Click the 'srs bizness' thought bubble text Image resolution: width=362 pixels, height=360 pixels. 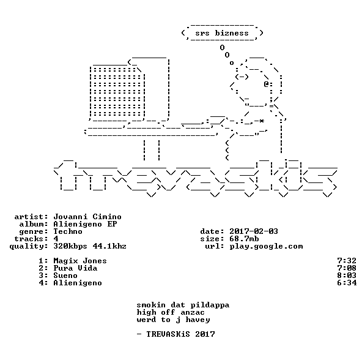[x=222, y=33]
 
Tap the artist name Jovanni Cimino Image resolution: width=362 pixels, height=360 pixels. [x=87, y=217]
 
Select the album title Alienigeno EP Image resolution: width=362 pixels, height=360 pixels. [x=85, y=224]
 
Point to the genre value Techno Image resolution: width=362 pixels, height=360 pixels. [x=68, y=231]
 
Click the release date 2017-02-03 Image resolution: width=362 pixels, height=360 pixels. [x=254, y=231]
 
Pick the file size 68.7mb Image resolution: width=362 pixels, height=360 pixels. [x=244, y=239]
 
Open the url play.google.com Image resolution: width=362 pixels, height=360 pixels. [x=266, y=246]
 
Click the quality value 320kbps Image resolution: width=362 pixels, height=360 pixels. [x=70, y=246]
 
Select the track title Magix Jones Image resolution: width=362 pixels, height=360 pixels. [x=80, y=261]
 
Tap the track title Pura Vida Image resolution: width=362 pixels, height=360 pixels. [x=75, y=268]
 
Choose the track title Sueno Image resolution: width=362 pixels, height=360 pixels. [x=65, y=276]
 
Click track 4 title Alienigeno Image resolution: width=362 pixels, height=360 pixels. [x=78, y=283]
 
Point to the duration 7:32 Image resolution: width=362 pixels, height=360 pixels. [x=347, y=261]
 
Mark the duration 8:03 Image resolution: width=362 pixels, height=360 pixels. [x=347, y=276]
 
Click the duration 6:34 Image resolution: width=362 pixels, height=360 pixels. [x=347, y=283]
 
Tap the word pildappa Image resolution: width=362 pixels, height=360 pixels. [x=210, y=305]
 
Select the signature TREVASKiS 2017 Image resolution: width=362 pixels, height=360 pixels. [x=180, y=334]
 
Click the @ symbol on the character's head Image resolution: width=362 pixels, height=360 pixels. [x=267, y=84]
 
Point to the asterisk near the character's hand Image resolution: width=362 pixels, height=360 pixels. [x=261, y=121]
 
